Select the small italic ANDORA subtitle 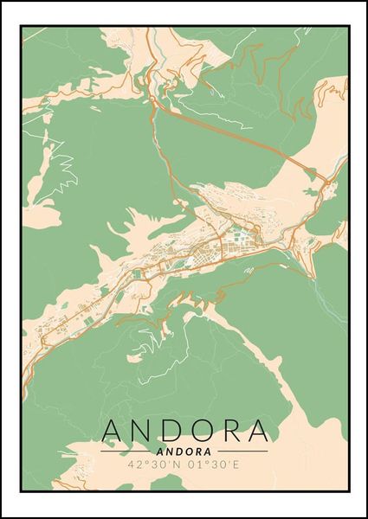[x=184, y=451]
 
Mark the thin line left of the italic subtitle [x=128, y=451]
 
